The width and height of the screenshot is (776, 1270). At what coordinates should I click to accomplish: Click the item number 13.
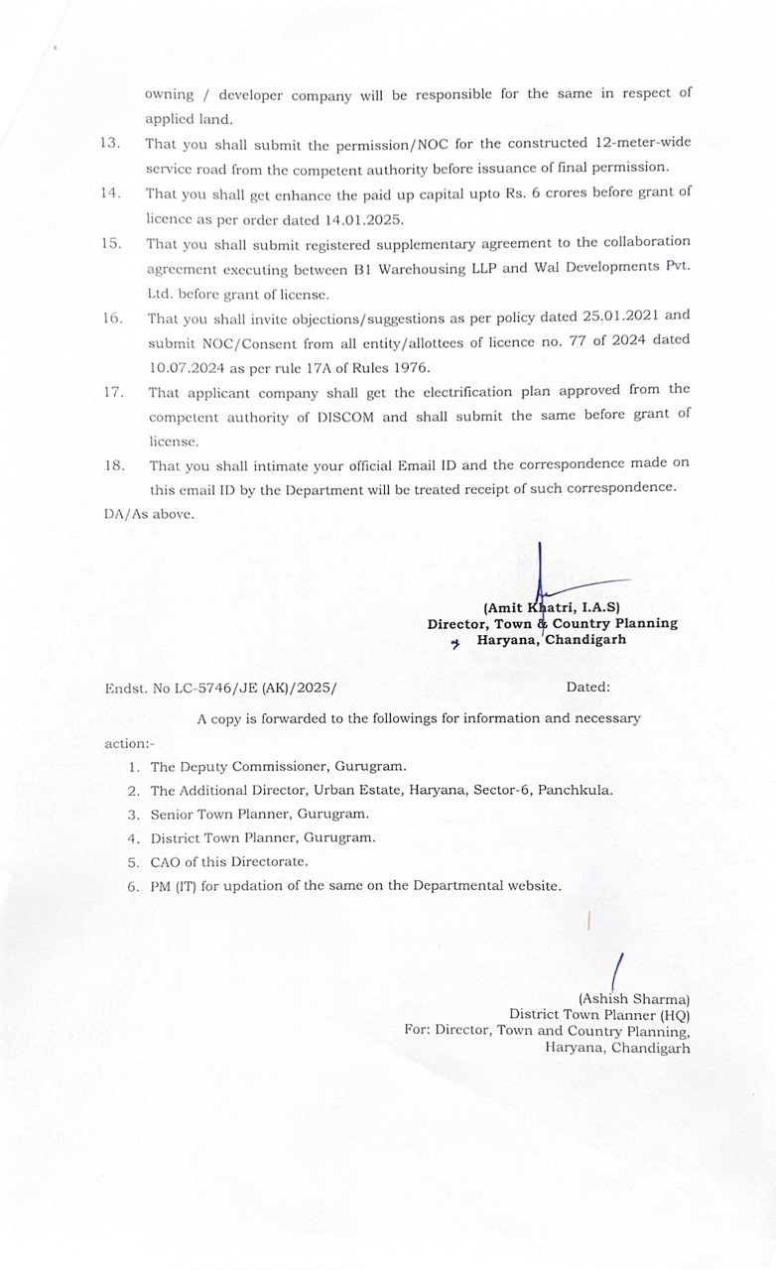point(109,143)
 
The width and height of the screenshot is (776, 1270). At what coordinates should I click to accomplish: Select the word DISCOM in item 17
point(339,417)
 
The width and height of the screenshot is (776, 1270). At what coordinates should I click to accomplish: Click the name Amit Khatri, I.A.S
point(552,607)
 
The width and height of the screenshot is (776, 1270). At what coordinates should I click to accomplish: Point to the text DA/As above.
point(149,514)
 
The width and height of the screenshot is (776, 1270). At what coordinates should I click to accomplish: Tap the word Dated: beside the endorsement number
point(588,687)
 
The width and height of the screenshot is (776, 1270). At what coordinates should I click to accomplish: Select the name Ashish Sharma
point(634,999)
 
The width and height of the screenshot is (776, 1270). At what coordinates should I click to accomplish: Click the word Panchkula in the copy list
point(578,791)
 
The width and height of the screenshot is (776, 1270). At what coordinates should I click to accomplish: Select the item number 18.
point(114,464)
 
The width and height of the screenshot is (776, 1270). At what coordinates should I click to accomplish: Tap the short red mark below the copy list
point(588,920)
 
